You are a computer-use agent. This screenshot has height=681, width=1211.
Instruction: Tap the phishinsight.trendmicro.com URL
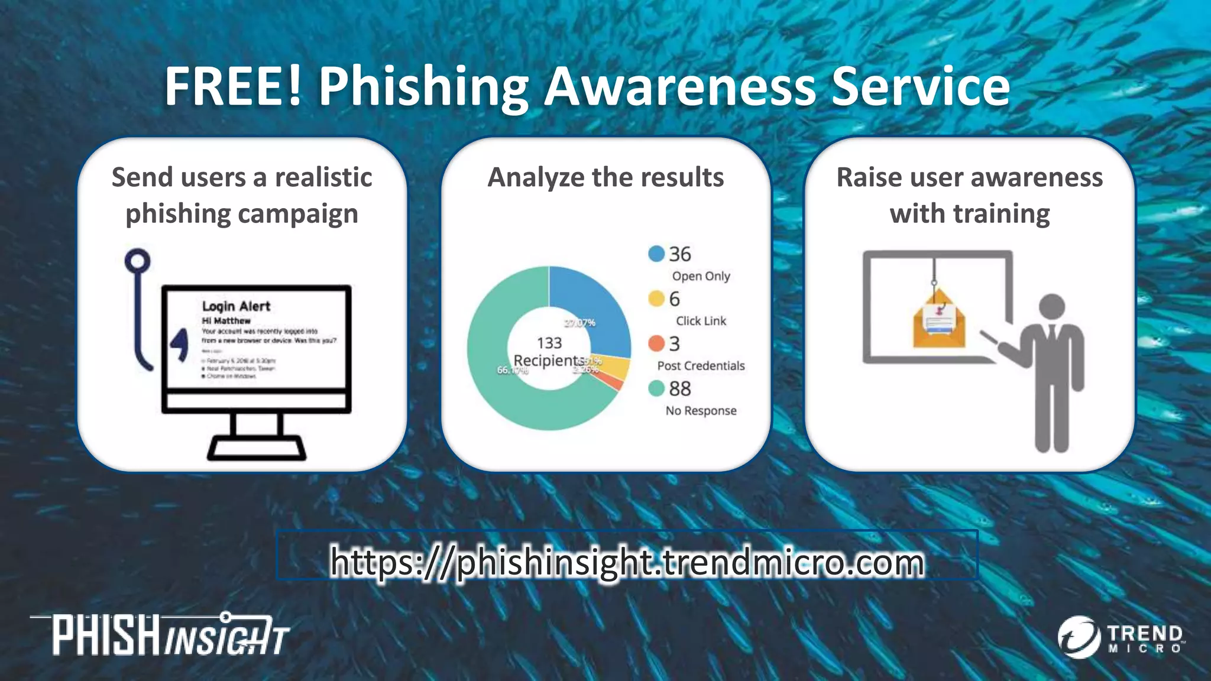[627, 562]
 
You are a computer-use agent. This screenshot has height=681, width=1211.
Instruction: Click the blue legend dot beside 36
[656, 254]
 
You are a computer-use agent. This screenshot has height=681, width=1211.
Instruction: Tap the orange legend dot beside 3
[656, 343]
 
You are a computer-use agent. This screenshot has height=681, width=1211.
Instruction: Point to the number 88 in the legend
[680, 389]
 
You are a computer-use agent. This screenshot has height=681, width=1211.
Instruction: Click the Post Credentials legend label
[701, 366]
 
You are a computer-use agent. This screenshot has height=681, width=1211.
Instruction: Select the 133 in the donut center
[549, 343]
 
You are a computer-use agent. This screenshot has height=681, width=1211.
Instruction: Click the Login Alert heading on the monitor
[236, 306]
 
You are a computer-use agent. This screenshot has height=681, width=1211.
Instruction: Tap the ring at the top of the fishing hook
[138, 261]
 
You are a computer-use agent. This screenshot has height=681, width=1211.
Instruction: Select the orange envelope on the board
[938, 322]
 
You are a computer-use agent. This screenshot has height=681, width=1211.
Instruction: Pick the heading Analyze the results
[605, 177]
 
